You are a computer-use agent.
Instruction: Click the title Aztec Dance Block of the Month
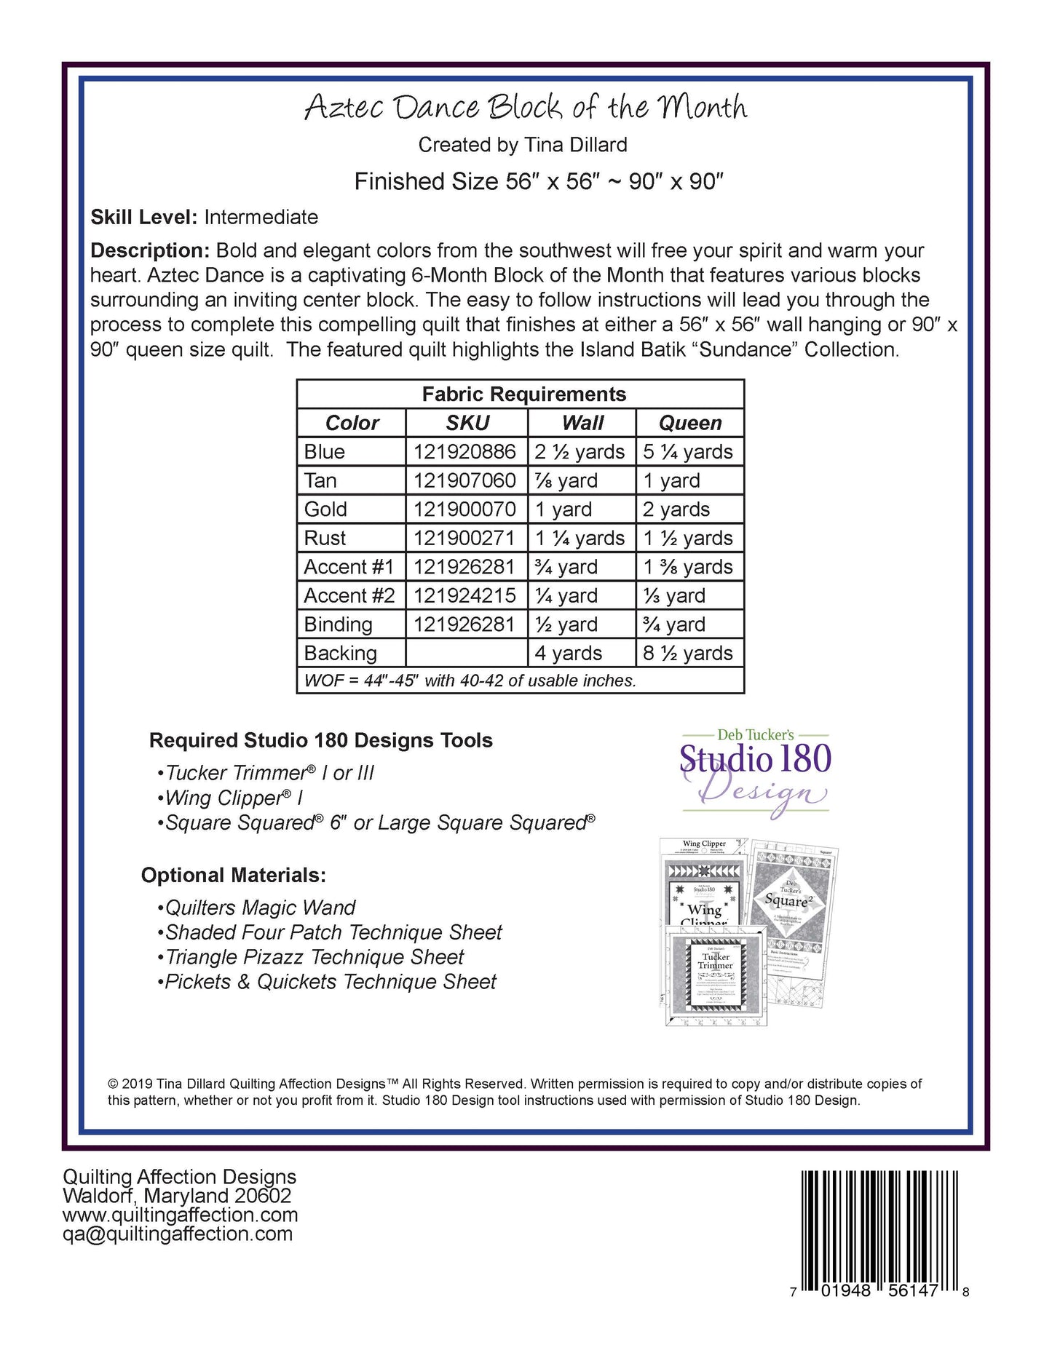point(525,108)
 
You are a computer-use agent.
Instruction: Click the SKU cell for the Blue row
point(464,452)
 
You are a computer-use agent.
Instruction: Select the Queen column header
point(689,423)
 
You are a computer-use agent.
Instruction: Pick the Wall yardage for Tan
point(566,481)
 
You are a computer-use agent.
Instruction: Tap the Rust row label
point(325,539)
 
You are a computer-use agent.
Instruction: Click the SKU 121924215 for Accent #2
point(464,596)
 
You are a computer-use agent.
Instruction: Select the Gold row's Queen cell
point(676,509)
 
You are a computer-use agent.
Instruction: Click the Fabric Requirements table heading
point(523,394)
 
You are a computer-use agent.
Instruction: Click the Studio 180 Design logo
point(755,773)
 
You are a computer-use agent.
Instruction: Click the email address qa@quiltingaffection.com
point(178,1234)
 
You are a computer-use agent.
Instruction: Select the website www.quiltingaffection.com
point(181,1215)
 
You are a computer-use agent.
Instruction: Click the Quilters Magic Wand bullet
point(259,908)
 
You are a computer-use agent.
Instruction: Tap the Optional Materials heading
point(233,876)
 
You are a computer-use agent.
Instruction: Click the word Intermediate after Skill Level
point(261,218)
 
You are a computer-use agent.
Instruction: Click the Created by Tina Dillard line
point(523,146)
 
